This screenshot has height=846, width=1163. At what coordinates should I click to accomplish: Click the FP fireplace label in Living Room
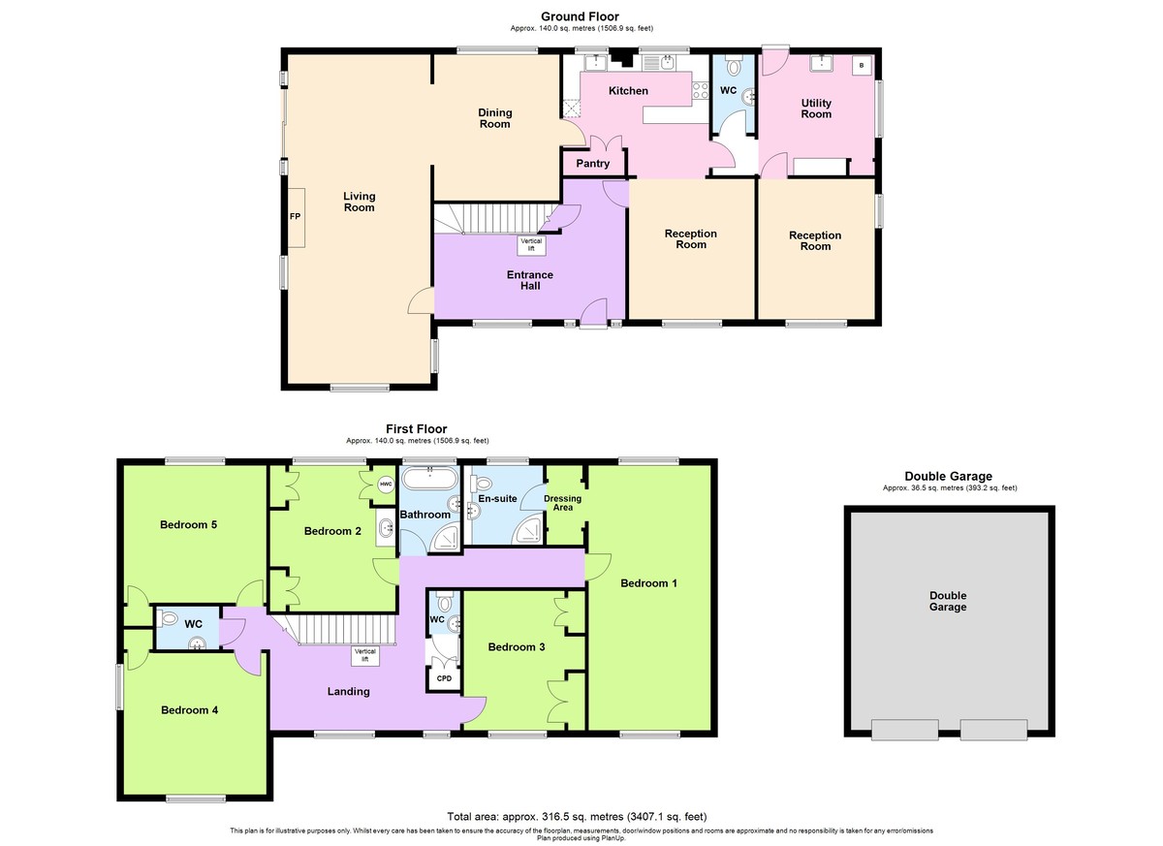(x=295, y=216)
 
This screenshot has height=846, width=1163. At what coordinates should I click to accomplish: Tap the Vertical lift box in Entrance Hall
(x=531, y=245)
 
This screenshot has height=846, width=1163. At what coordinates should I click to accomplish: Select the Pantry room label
(x=593, y=164)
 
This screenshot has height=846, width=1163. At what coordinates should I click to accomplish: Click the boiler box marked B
(x=862, y=65)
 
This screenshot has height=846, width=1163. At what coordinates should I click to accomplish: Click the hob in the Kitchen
(x=701, y=90)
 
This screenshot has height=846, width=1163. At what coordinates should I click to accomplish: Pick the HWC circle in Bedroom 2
(x=386, y=485)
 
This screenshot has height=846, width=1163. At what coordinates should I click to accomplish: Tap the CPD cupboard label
(x=445, y=678)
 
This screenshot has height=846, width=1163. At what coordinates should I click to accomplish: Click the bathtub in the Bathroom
(x=430, y=478)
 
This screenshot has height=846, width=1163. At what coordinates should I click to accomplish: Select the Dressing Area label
(x=563, y=503)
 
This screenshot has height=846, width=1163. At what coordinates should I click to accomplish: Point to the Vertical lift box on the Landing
(x=365, y=655)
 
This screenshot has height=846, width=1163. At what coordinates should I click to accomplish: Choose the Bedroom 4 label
(x=190, y=710)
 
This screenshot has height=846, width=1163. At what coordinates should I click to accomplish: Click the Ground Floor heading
(x=580, y=16)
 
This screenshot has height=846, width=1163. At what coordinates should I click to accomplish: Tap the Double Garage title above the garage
(x=948, y=476)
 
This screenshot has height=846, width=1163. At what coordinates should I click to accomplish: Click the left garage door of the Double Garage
(x=905, y=730)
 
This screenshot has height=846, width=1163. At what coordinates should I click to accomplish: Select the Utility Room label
(x=816, y=109)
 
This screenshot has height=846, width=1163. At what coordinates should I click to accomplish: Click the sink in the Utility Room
(x=822, y=63)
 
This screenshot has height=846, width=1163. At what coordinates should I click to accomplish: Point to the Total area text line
(x=577, y=816)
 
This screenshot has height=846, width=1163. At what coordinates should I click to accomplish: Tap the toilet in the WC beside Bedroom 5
(x=168, y=618)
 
